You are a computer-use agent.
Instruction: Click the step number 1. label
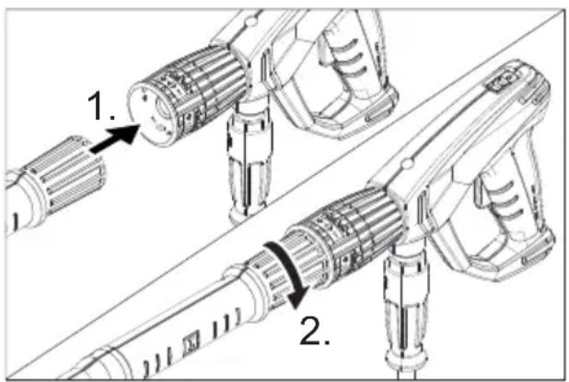pyautogui.click(x=101, y=109)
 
